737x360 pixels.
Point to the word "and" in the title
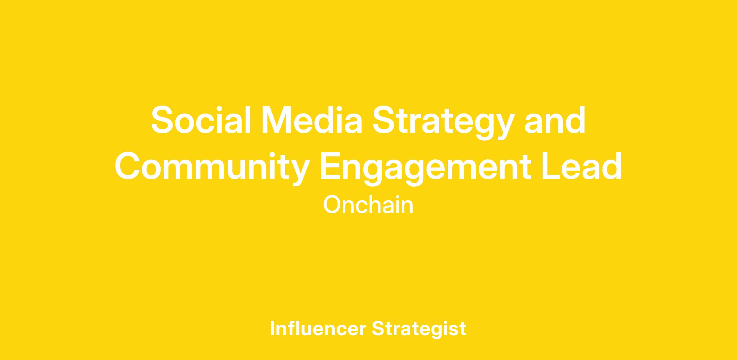tap(555, 119)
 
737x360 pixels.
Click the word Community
tap(212, 168)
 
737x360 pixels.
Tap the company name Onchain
tap(368, 205)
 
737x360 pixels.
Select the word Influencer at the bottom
tap(318, 328)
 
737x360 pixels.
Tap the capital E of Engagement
tap(331, 166)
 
